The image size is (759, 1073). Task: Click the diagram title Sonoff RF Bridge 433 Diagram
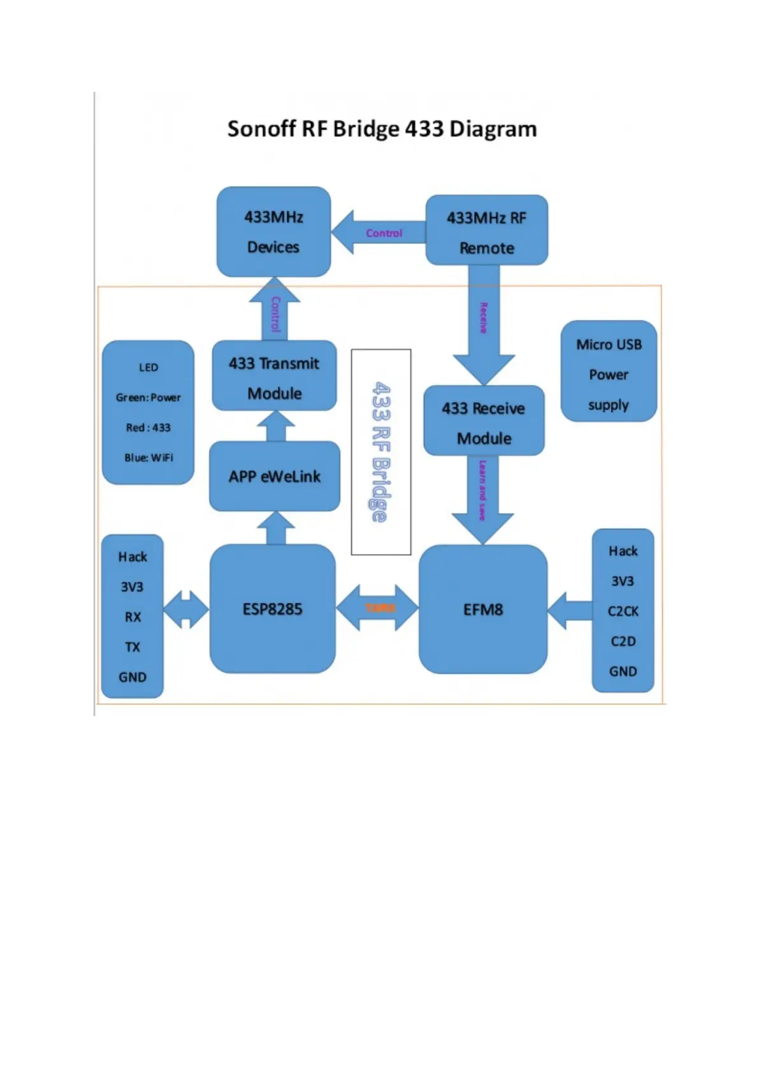pyautogui.click(x=382, y=129)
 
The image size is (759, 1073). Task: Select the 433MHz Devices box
pyautogui.click(x=273, y=232)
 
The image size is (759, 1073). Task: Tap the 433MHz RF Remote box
pyautogui.click(x=486, y=231)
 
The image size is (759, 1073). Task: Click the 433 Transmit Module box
pyautogui.click(x=274, y=377)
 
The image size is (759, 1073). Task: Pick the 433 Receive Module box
pyautogui.click(x=484, y=421)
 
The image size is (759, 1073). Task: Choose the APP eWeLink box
pyautogui.click(x=274, y=477)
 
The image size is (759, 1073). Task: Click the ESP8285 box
pyautogui.click(x=272, y=609)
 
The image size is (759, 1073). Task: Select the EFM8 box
pyautogui.click(x=482, y=610)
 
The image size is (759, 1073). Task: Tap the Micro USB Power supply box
pyautogui.click(x=608, y=372)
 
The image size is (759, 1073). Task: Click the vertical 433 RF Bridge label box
pyautogui.click(x=380, y=452)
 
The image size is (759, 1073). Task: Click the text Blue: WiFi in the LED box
pyautogui.click(x=148, y=457)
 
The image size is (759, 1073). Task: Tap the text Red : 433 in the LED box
pyautogui.click(x=148, y=428)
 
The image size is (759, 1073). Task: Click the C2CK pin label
pyautogui.click(x=623, y=612)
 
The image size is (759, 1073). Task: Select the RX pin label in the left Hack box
pyautogui.click(x=133, y=617)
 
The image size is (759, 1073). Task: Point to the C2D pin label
pyautogui.click(x=623, y=642)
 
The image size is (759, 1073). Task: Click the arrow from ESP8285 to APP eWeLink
pyautogui.click(x=275, y=529)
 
